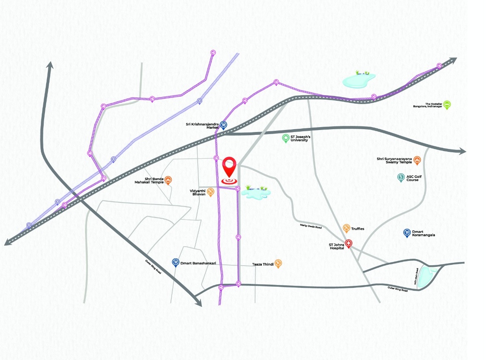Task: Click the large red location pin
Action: [230, 167]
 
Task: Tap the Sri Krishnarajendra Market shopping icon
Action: [224, 125]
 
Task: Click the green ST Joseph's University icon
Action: [286, 138]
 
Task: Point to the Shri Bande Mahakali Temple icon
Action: [169, 180]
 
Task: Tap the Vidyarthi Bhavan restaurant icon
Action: [211, 191]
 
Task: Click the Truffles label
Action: [358, 229]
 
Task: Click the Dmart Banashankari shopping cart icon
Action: [176, 262]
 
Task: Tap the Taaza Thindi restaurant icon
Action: [278, 263]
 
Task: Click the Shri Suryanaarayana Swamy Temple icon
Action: [416, 161]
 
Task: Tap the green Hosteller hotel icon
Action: [447, 104]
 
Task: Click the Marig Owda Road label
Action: [311, 227]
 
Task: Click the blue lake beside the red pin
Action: [255, 192]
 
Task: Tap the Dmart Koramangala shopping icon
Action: [407, 232]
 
